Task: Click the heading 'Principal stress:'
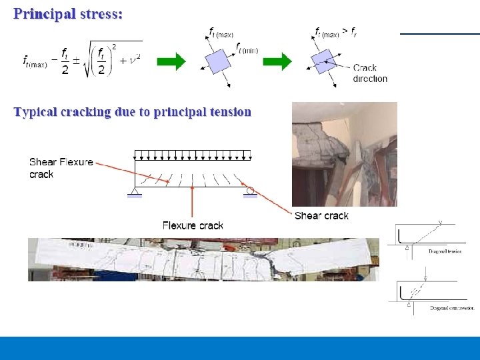coord(68,13)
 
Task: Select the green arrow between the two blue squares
coord(277,62)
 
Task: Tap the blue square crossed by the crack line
coord(322,63)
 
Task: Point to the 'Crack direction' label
coord(370,73)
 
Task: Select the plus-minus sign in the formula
coord(76,60)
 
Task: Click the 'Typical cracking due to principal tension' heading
coord(133,112)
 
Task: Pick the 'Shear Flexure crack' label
coord(61,168)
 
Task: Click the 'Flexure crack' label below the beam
coord(193,225)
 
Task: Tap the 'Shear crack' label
coord(321,215)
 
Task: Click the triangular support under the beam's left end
coord(134,193)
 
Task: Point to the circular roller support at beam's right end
coord(250,192)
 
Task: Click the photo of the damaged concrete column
coord(344,154)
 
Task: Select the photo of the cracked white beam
coord(203,259)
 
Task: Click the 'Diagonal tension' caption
coord(446,251)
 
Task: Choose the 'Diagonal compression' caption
coord(451,308)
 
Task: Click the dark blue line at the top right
coord(439,33)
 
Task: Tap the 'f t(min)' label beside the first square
coord(247,48)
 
